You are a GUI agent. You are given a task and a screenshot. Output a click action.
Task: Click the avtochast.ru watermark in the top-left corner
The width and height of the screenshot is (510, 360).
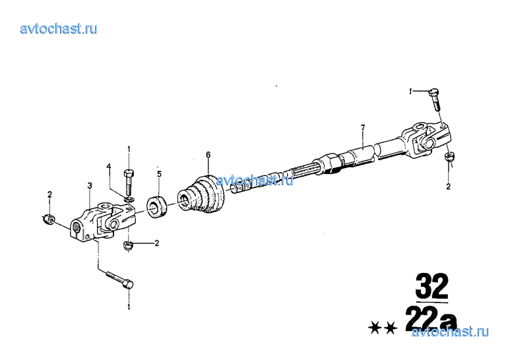click(x=59, y=29)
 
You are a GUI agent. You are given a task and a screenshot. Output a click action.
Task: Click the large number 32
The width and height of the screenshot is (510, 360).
click(x=432, y=286)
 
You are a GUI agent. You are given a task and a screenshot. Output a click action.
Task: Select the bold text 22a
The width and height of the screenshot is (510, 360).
click(x=431, y=318)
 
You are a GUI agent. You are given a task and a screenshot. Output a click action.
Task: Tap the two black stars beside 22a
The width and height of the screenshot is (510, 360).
click(x=383, y=328)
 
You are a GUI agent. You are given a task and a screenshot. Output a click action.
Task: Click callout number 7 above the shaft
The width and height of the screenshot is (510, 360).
click(x=363, y=127)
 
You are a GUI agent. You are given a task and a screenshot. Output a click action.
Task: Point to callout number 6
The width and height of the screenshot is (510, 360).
click(x=208, y=155)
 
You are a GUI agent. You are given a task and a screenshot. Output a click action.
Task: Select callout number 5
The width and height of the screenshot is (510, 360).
click(x=159, y=174)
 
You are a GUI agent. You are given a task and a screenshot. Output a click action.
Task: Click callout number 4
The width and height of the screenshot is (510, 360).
click(x=109, y=167)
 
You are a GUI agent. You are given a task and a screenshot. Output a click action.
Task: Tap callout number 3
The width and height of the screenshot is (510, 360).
click(x=90, y=185)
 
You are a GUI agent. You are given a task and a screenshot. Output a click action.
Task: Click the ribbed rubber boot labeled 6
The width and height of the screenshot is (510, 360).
click(x=201, y=195)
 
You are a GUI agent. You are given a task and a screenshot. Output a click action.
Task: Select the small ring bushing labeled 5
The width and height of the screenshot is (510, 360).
click(x=156, y=207)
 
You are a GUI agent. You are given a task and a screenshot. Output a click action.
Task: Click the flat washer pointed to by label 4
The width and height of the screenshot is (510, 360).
click(x=129, y=198)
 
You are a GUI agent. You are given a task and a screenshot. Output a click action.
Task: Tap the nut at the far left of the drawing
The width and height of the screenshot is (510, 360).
click(x=49, y=220)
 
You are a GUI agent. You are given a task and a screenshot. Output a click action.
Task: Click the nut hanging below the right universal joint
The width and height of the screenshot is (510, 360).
click(x=449, y=156)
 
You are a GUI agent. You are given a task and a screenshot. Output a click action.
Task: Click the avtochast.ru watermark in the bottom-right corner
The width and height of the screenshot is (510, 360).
click(x=450, y=332)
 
